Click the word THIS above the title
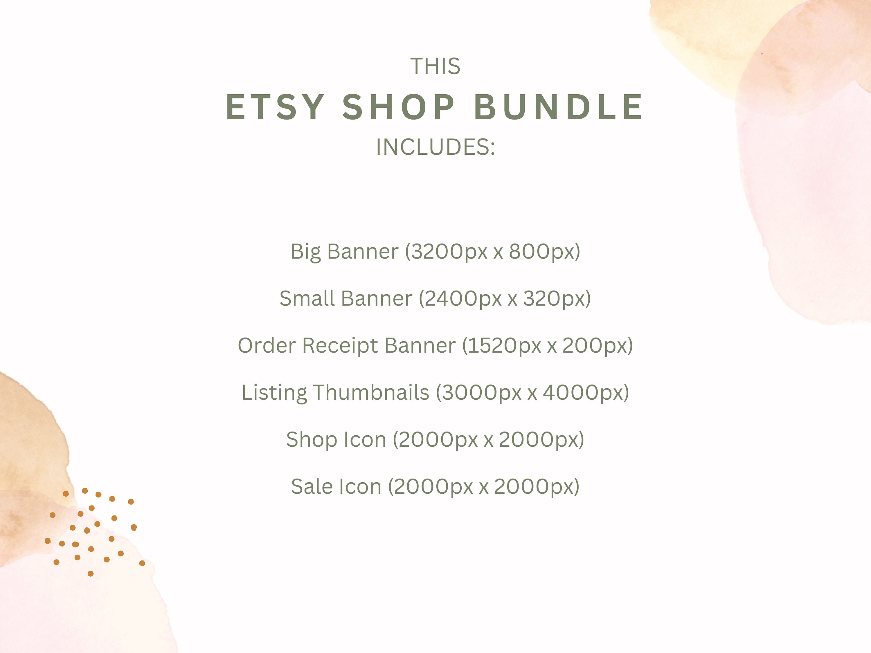coord(435,66)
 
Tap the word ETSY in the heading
coord(275,107)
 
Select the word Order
coord(267,346)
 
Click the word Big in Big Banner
coord(305,252)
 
